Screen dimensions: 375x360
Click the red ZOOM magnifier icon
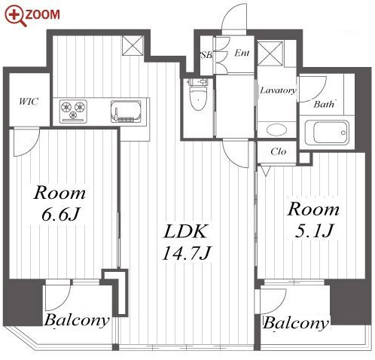click(15, 16)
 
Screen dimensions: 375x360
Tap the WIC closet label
click(29, 102)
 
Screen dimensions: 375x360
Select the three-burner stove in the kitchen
click(73, 111)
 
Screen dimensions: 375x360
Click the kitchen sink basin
click(126, 111)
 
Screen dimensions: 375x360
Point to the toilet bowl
click(199, 97)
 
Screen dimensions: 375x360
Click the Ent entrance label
click(242, 53)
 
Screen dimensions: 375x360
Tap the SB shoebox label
click(206, 55)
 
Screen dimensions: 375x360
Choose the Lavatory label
click(278, 90)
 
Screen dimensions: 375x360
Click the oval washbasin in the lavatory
click(277, 130)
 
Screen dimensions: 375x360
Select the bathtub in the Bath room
click(327, 133)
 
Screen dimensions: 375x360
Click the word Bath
click(324, 104)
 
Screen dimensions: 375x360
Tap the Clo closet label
click(279, 151)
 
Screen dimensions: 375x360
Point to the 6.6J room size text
click(60, 215)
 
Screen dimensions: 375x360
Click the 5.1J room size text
click(313, 231)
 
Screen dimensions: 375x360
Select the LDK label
click(185, 231)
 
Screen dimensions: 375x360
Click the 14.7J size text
click(186, 253)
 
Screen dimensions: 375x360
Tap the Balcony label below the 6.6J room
click(77, 320)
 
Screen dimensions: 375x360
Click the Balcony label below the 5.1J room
click(296, 323)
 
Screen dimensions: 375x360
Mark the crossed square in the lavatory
click(270, 54)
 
